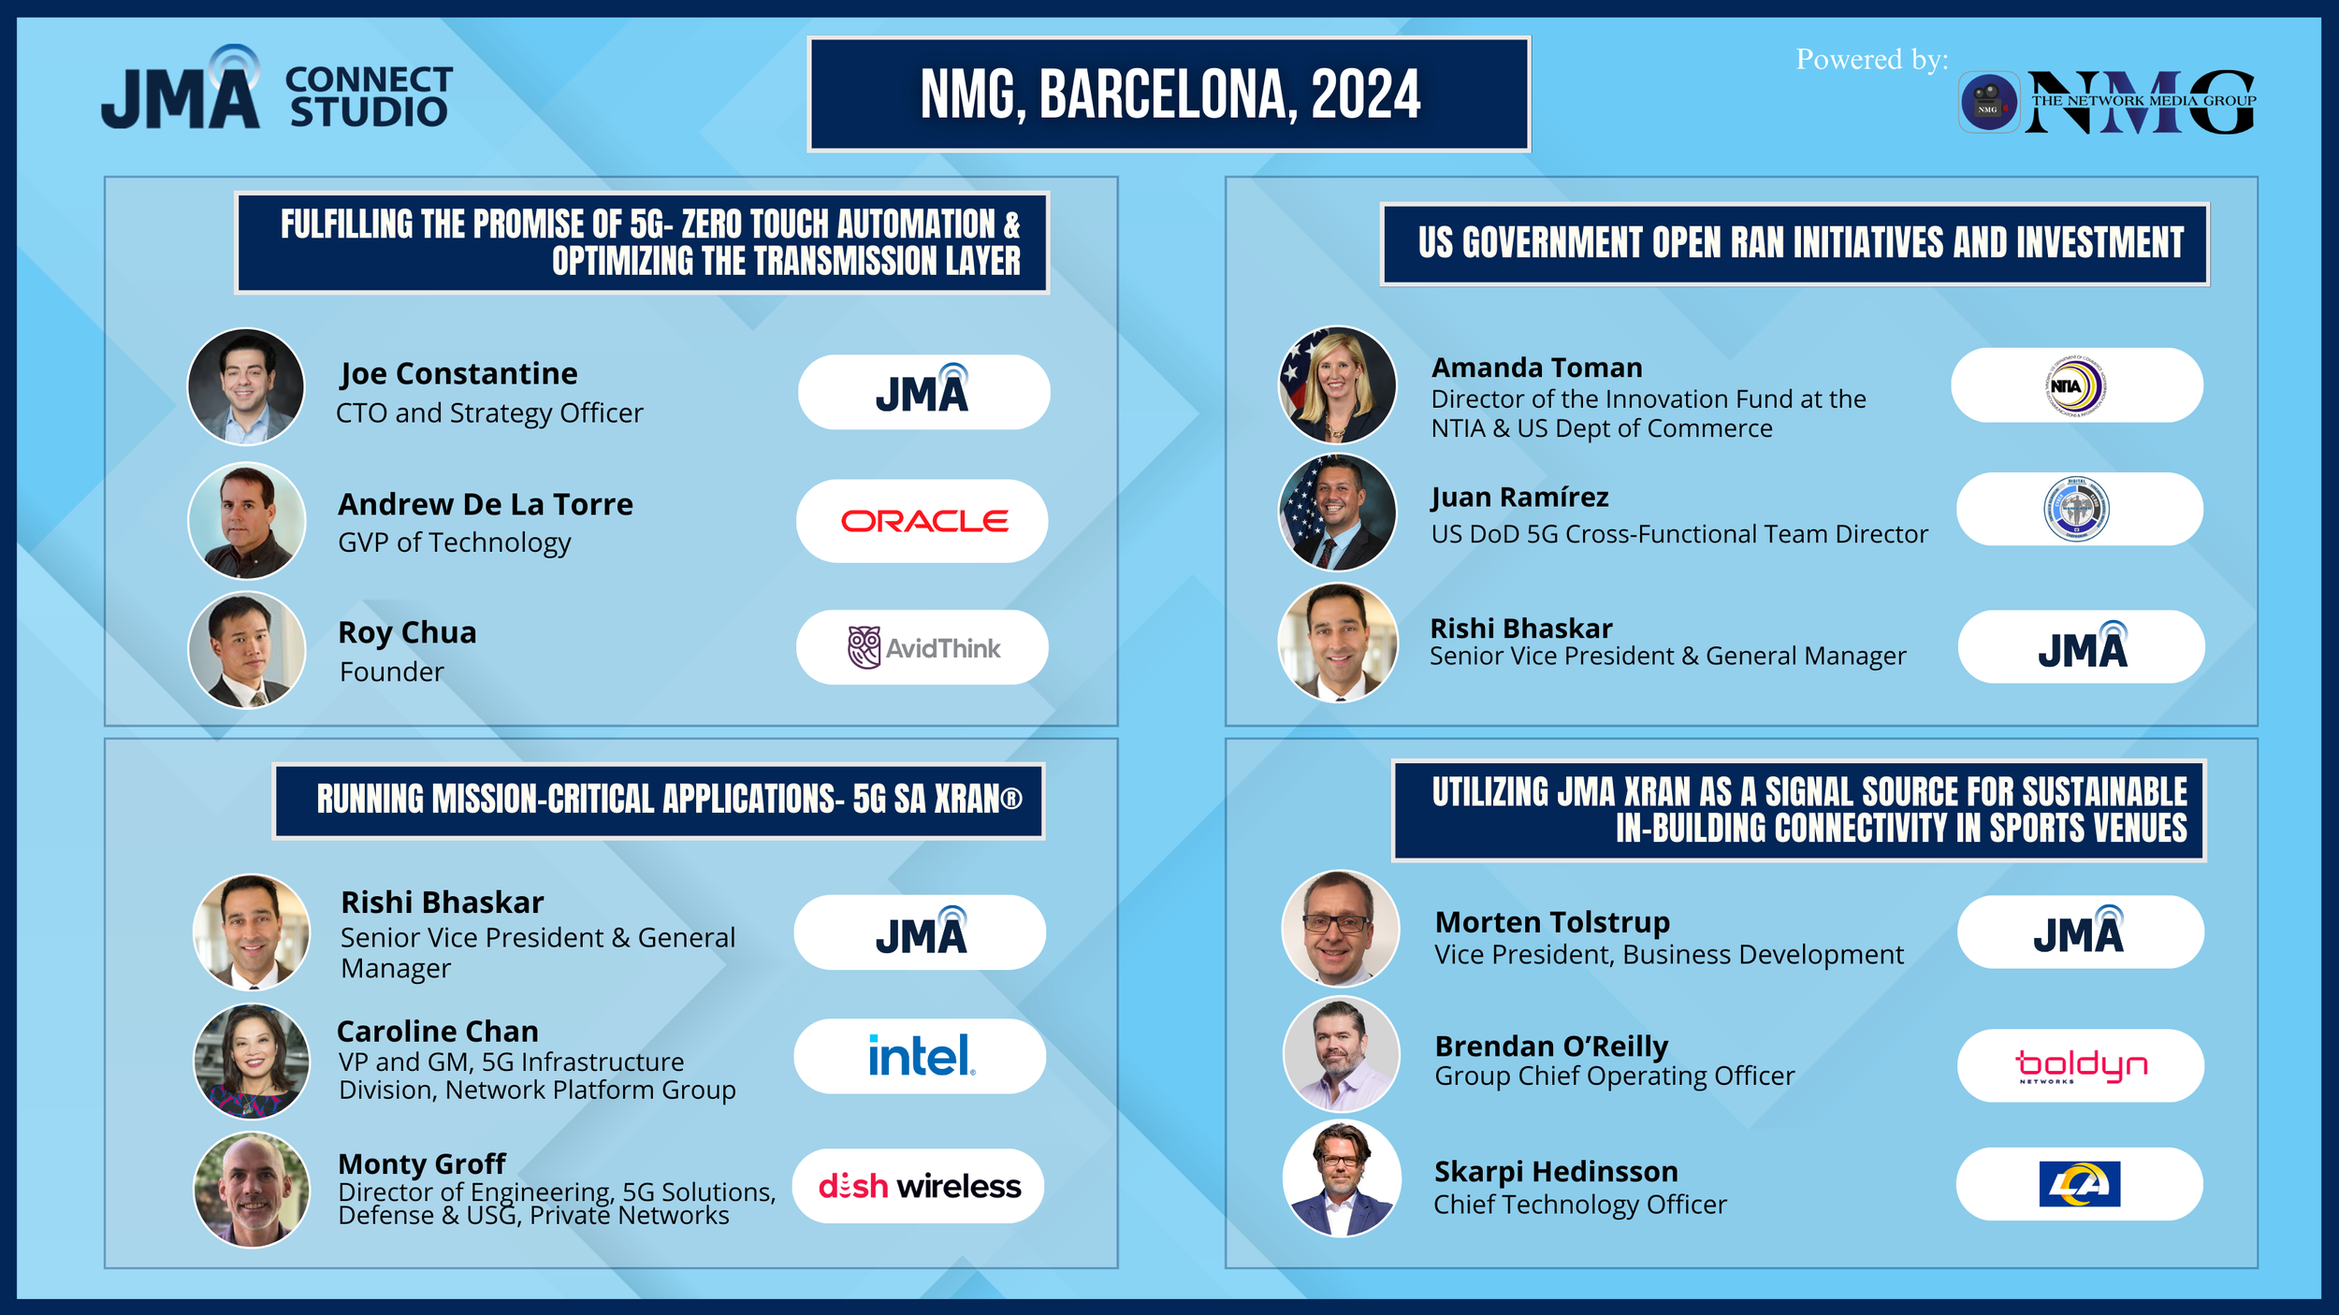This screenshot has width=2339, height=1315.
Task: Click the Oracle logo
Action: [x=924, y=521]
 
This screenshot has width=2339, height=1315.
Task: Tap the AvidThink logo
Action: [x=923, y=647]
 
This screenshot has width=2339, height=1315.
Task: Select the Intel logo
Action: [x=922, y=1056]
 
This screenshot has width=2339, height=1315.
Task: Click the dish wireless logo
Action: [x=919, y=1186]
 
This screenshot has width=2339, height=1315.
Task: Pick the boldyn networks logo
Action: [x=2081, y=1065]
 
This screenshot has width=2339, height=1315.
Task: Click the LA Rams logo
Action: [x=2080, y=1184]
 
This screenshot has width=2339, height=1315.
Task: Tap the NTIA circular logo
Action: [x=2076, y=385]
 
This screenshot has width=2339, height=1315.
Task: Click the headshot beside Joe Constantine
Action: [x=246, y=386]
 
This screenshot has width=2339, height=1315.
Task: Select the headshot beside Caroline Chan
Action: [x=252, y=1062]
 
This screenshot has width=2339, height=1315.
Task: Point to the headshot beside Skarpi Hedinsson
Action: [x=1342, y=1178]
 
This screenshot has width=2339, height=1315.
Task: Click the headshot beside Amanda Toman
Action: [x=1338, y=384]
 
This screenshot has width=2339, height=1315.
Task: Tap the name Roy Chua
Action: [x=407, y=632]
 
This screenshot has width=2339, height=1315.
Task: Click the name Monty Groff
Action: [x=422, y=1163]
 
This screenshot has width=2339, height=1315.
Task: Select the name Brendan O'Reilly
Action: [x=1551, y=1046]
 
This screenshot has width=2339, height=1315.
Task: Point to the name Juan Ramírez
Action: [x=1519, y=497]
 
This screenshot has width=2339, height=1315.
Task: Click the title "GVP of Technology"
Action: [x=454, y=542]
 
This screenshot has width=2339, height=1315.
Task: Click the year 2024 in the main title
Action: [x=1365, y=94]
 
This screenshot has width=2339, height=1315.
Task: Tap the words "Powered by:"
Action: [x=1871, y=59]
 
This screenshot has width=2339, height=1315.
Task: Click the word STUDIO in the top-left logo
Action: [x=369, y=112]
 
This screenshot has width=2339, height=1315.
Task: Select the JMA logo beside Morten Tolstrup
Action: [x=2079, y=932]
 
